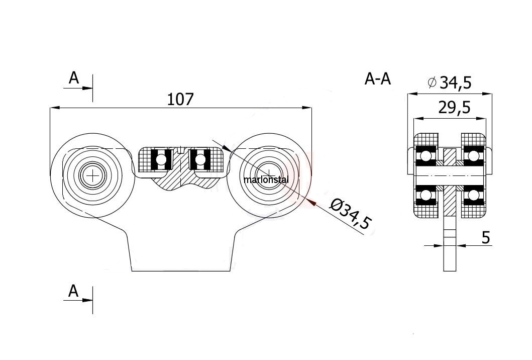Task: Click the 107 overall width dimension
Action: [180, 99]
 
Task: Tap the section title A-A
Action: [378, 79]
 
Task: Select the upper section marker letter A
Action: [74, 78]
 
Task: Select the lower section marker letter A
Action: [74, 291]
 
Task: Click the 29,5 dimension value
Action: [455, 108]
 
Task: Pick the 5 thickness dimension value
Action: [486, 238]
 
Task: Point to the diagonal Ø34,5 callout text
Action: [352, 214]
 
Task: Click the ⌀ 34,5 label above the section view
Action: [450, 82]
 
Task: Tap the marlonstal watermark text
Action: [266, 179]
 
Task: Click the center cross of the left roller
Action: [92, 175]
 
